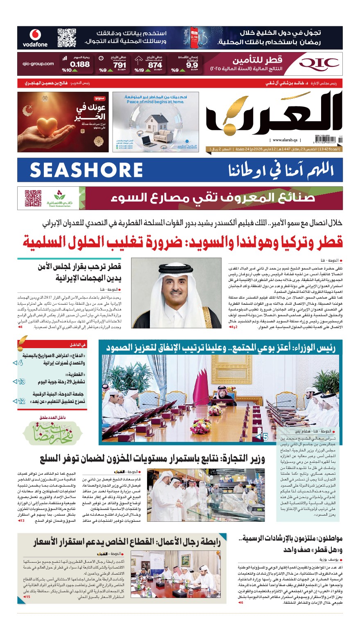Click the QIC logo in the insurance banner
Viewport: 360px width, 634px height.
coord(319,63)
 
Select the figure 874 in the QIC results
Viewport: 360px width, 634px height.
coord(155,65)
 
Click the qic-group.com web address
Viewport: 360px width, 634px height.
coord(38,63)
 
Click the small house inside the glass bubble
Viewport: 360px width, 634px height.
coord(156,123)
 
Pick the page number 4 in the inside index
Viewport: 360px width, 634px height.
coord(20,362)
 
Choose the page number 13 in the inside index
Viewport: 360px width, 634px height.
coord(21,382)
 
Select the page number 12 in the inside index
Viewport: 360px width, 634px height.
coord(21,401)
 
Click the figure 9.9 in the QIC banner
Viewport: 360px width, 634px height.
coord(192,65)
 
